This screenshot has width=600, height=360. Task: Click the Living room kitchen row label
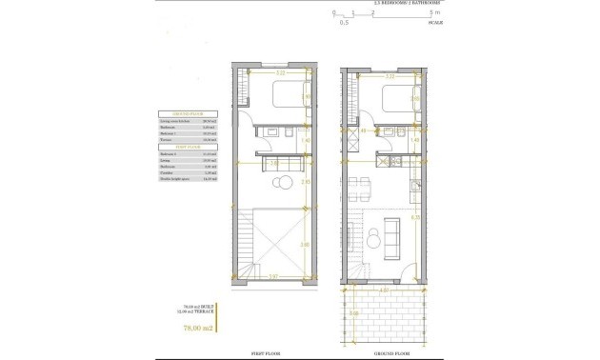coord(175,120)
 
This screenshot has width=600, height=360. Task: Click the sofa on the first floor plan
coord(273,164)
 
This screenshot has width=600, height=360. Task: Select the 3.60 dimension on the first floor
coord(306,245)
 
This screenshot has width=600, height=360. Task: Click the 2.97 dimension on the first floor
coord(273,277)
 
